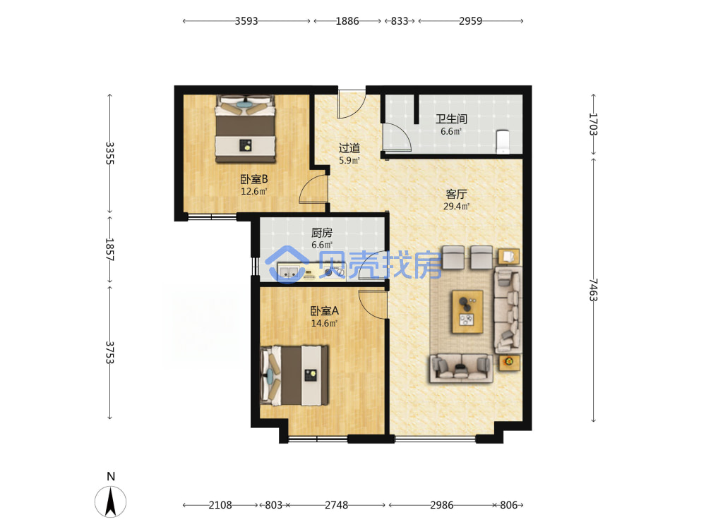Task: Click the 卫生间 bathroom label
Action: point(451,119)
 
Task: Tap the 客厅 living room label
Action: point(456,195)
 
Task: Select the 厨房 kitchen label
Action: point(322,233)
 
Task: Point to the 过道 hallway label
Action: point(349,148)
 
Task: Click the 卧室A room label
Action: point(324,311)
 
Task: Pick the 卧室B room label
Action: point(254,179)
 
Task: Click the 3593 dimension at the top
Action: point(246,21)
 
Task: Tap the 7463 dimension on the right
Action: point(594,290)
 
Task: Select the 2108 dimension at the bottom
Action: point(220,505)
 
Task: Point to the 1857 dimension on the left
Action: point(109,250)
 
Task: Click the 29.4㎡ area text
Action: point(456,207)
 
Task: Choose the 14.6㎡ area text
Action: point(324,323)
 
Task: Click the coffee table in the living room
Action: point(467,312)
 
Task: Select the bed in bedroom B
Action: point(246,128)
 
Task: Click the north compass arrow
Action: point(110,501)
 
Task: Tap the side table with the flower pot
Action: point(509,362)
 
